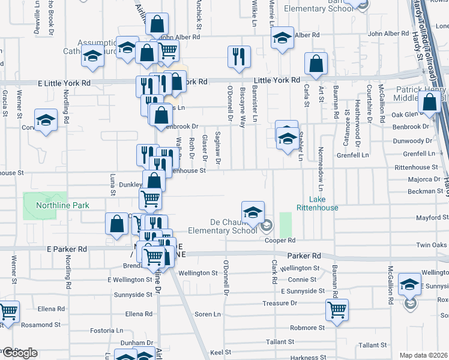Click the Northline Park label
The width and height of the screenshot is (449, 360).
pyautogui.click(x=62, y=205)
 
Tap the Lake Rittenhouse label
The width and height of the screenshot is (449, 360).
pyautogui.click(x=324, y=203)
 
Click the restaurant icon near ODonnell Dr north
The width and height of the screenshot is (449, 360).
pyautogui.click(x=239, y=57)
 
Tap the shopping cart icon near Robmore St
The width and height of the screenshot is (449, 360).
pyautogui.click(x=337, y=310)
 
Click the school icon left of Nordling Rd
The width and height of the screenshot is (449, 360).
pyautogui.click(x=46, y=121)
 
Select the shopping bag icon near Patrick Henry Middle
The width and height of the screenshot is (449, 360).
pyautogui.click(x=430, y=102)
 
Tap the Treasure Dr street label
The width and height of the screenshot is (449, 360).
pyautogui.click(x=280, y=303)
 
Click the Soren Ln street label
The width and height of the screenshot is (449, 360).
pyautogui.click(x=208, y=314)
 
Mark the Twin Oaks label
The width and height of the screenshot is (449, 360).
pyautogui.click(x=432, y=245)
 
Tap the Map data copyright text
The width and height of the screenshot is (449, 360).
pyautogui.click(x=424, y=355)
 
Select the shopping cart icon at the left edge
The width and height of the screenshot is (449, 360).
pyautogui.click(x=8, y=312)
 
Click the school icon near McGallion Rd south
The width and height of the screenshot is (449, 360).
pyautogui.click(x=410, y=286)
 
